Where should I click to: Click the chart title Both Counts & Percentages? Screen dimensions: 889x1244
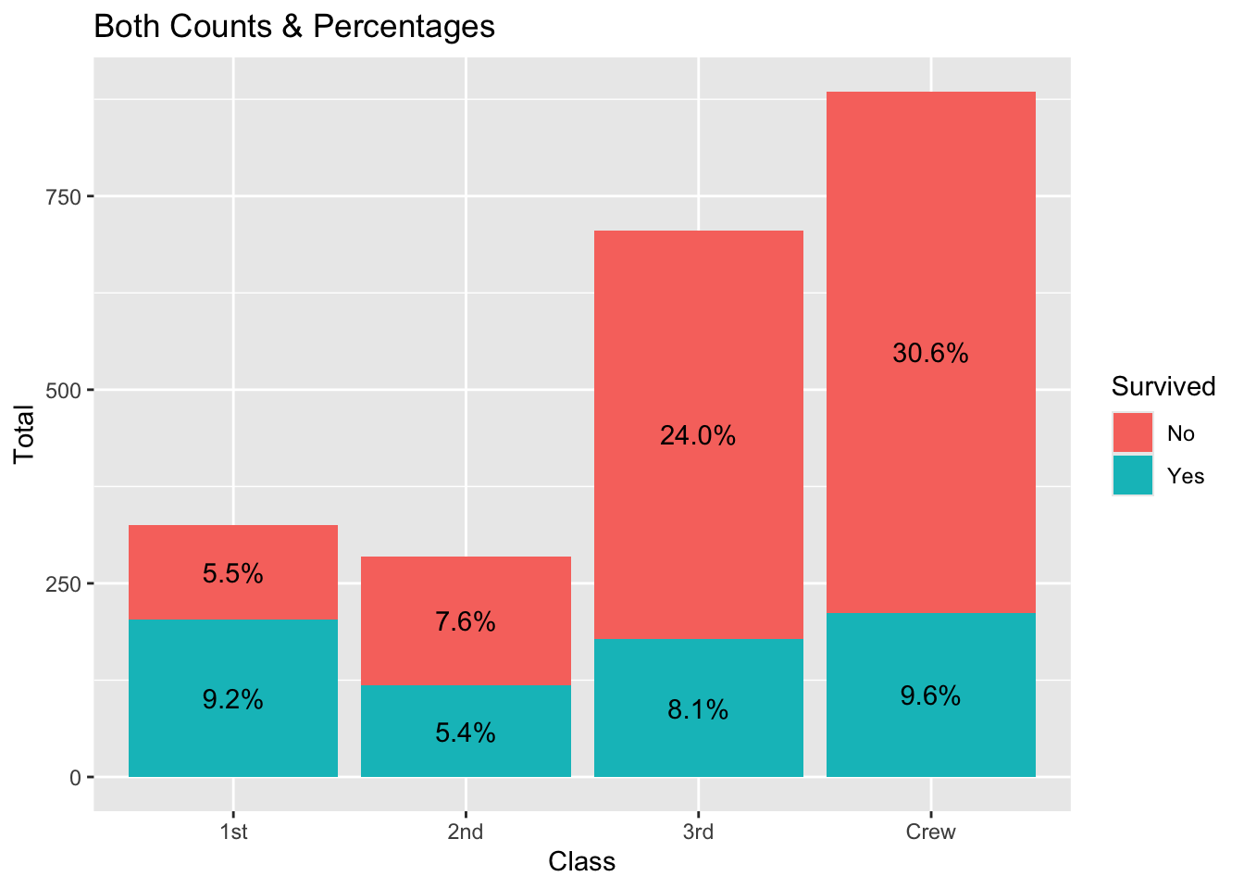tap(294, 27)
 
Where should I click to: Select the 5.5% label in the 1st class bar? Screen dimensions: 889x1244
tap(233, 574)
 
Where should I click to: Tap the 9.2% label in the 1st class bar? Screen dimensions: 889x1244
tap(233, 700)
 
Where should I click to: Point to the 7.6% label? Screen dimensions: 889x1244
tap(466, 622)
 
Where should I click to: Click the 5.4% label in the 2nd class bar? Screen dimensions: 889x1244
tap(466, 733)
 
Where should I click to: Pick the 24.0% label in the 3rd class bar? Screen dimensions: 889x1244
tap(698, 436)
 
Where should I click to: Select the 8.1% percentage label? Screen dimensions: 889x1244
tap(698, 711)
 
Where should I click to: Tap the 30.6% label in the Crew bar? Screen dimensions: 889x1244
tap(930, 354)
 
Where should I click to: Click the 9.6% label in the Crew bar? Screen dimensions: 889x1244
tap(930, 696)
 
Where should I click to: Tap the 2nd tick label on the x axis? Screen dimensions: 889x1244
tap(466, 832)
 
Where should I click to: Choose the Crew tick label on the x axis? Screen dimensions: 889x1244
tap(930, 832)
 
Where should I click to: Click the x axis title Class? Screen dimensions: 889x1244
tap(581, 862)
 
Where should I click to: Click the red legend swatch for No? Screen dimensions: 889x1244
tap(1133, 433)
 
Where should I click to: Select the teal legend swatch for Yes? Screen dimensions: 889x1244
tap(1133, 475)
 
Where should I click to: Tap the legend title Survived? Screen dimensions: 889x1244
tap(1163, 386)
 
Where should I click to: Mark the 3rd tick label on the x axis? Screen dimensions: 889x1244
tap(698, 832)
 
